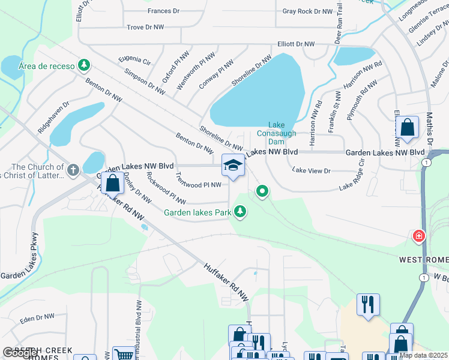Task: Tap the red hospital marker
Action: click(x=418, y=236)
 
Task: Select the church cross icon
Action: click(x=73, y=170)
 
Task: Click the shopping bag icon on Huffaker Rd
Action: click(x=112, y=184)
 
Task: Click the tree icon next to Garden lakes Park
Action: click(x=240, y=211)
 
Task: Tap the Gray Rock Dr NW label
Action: click(x=307, y=11)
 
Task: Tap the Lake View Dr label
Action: click(x=311, y=171)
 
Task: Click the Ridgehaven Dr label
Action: click(x=53, y=117)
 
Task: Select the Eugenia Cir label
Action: click(x=134, y=61)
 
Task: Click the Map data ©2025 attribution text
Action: click(x=423, y=355)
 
